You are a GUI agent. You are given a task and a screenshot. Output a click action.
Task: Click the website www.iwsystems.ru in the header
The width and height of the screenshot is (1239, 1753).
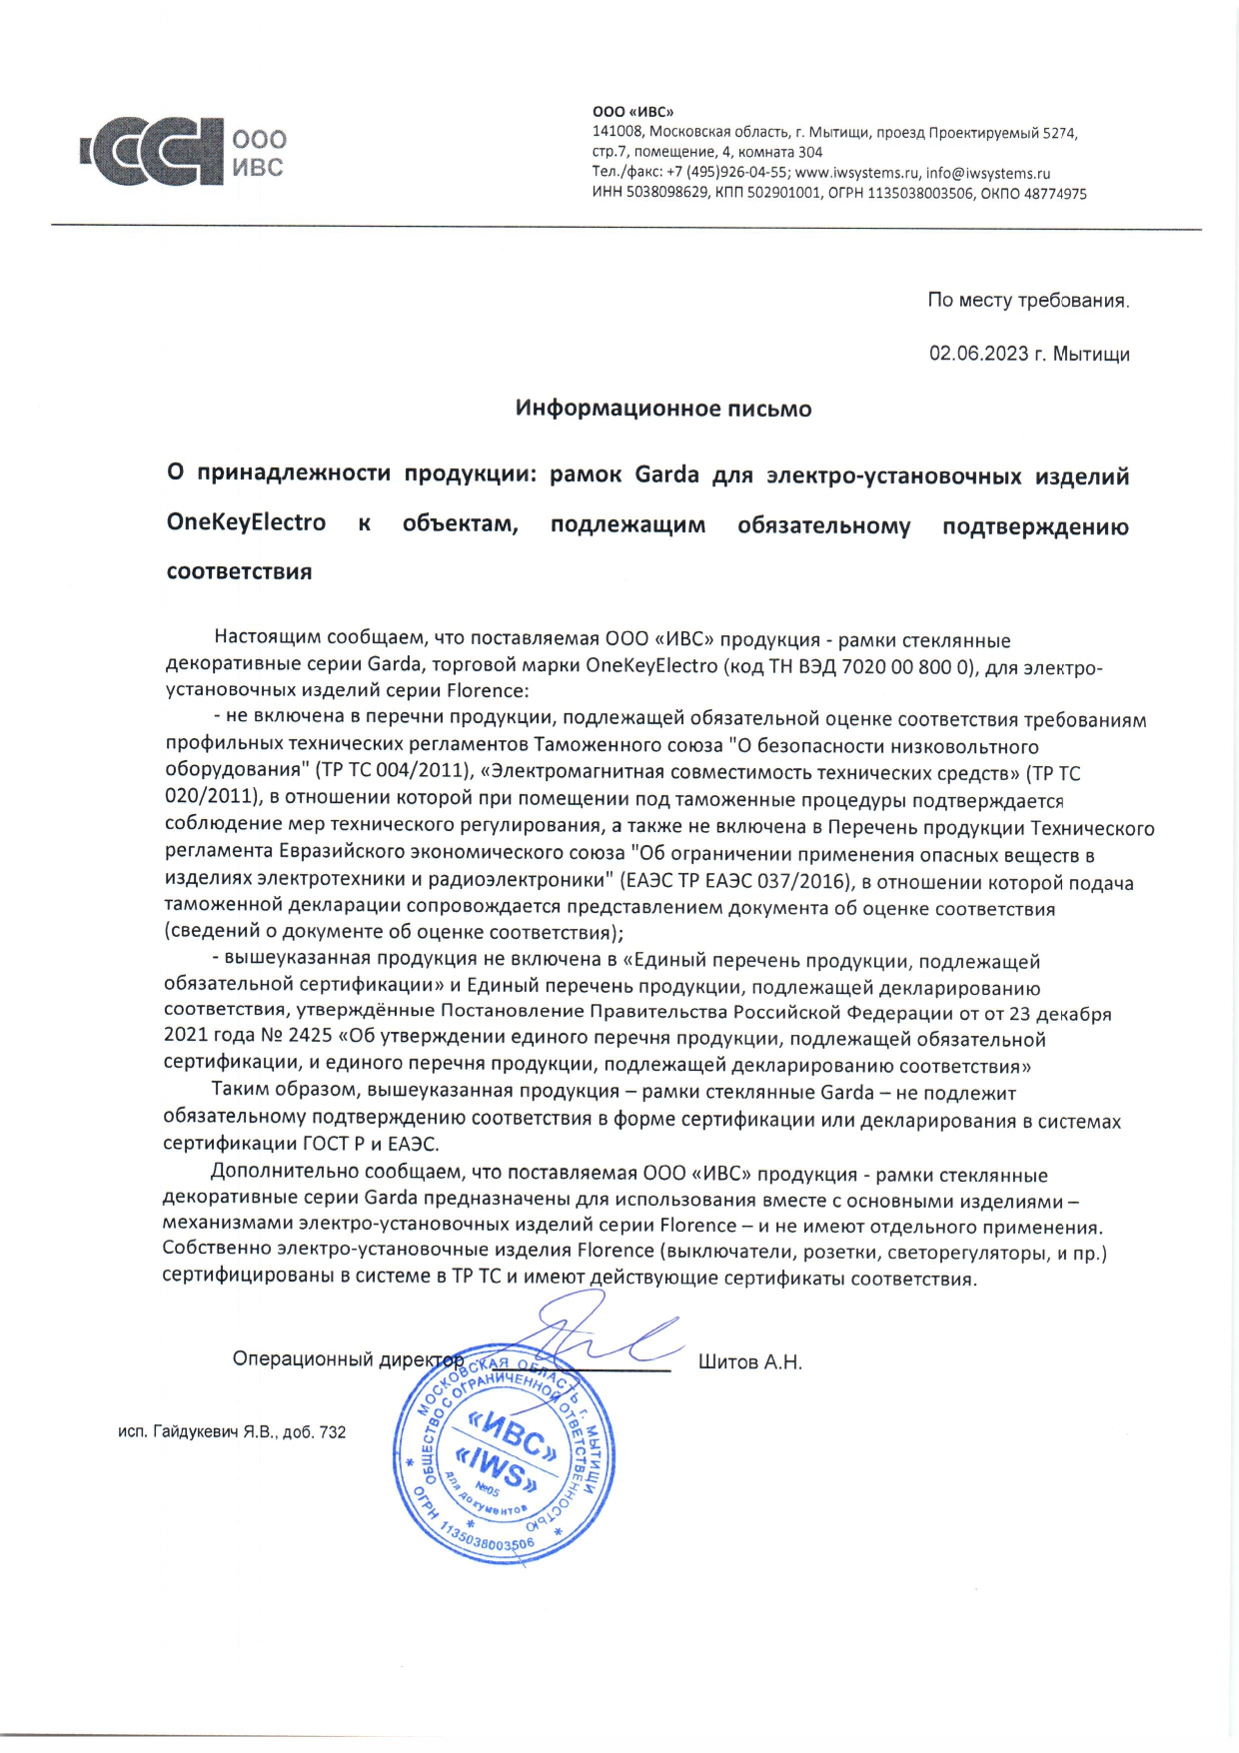856,173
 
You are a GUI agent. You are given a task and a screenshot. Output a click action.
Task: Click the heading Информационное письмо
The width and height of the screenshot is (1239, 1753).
663,409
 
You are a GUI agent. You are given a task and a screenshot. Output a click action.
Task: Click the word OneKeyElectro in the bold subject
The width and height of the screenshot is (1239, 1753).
246,523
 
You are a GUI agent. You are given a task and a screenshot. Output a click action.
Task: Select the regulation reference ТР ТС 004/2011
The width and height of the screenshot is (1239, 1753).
394,772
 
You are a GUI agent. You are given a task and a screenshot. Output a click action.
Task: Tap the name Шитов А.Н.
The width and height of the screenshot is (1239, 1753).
749,1362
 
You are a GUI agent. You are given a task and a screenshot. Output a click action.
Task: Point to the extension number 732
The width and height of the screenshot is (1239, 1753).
333,1431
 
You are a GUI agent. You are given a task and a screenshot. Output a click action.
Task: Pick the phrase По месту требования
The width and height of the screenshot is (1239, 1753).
1028,300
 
